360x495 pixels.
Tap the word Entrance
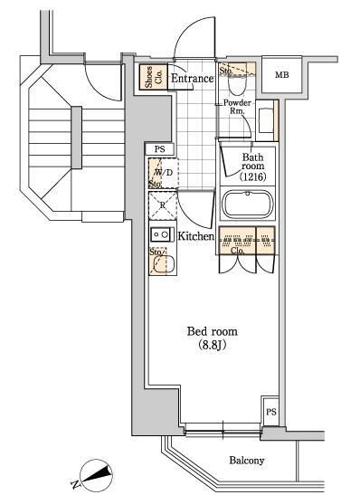[192, 79]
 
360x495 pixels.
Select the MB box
[282, 75]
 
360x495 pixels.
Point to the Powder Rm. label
[237, 108]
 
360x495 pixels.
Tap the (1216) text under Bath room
[252, 176]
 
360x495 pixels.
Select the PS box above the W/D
[159, 149]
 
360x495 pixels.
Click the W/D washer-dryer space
[162, 172]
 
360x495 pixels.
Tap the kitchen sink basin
[163, 263]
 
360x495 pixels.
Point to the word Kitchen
[195, 236]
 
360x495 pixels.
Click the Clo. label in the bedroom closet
[237, 250]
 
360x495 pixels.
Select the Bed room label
[213, 331]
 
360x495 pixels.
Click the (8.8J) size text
[213, 346]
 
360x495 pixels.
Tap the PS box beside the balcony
[270, 412]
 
